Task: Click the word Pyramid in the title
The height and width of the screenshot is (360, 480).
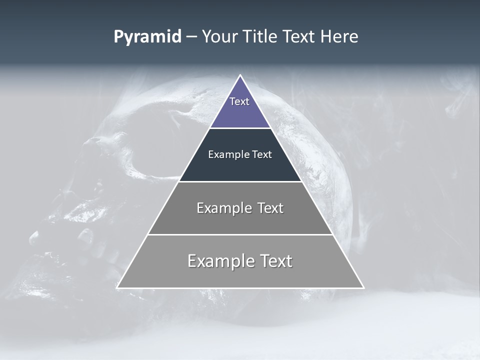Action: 147,37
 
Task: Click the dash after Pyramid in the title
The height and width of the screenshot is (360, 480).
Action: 191,37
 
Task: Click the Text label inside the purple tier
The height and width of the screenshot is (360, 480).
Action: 239,101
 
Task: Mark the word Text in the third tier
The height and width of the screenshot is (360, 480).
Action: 270,208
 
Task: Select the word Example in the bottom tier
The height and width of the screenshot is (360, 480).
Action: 220,261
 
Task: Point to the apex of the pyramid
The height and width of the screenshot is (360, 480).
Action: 240,76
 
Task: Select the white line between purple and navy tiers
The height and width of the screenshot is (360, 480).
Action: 240,128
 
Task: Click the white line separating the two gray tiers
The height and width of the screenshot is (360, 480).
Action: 240,234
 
